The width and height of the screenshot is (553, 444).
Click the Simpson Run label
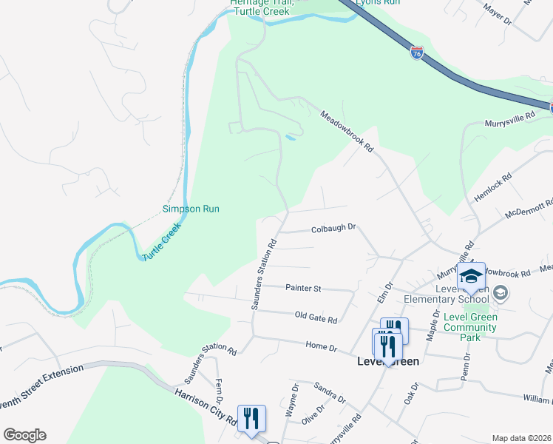click(191, 209)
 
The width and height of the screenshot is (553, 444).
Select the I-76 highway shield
click(418, 53)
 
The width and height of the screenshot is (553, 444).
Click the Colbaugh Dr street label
click(333, 228)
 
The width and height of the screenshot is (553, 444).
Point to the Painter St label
click(303, 287)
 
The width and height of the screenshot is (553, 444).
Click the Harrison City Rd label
click(205, 406)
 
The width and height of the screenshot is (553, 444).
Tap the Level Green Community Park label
click(470, 327)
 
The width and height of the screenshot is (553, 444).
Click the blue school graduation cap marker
click(471, 277)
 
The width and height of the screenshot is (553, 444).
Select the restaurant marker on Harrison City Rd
click(251, 420)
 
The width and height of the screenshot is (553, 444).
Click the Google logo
click(24, 435)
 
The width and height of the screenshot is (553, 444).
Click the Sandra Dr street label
click(329, 392)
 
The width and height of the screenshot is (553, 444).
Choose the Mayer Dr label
click(497, 13)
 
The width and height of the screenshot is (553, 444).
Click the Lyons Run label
click(378, 3)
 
